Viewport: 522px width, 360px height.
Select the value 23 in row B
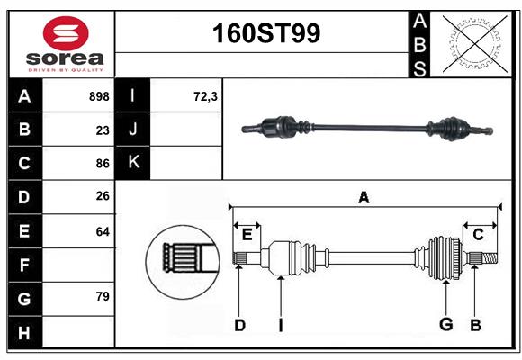(103, 130)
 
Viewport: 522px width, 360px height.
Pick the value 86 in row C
(103, 164)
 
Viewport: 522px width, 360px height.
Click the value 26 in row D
(103, 197)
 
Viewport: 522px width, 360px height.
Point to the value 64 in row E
(103, 231)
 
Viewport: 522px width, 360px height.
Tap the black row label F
(24, 265)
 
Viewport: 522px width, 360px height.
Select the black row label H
(24, 333)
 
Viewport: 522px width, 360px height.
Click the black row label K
(134, 164)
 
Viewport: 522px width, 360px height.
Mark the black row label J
(134, 130)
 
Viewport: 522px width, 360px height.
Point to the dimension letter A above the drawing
(364, 198)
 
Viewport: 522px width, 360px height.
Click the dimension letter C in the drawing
(478, 235)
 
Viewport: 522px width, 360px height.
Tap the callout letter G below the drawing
(445, 325)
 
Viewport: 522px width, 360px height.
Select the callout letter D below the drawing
(239, 325)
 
